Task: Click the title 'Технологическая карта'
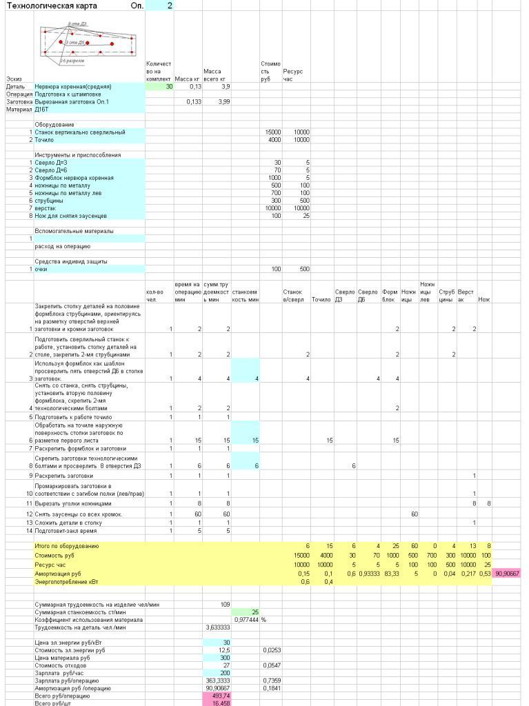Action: tap(52, 6)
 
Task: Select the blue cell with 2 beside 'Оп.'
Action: tap(160, 6)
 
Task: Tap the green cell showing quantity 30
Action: tap(160, 87)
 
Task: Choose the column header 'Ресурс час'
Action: tap(292, 75)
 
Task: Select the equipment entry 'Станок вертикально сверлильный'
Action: tap(80, 132)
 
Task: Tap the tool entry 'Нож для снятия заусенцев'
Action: tap(71, 216)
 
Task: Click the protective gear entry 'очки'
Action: tap(41, 269)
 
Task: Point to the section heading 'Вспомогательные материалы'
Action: tap(74, 231)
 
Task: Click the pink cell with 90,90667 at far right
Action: tap(506, 573)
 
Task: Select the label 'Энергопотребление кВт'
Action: tap(68, 581)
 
